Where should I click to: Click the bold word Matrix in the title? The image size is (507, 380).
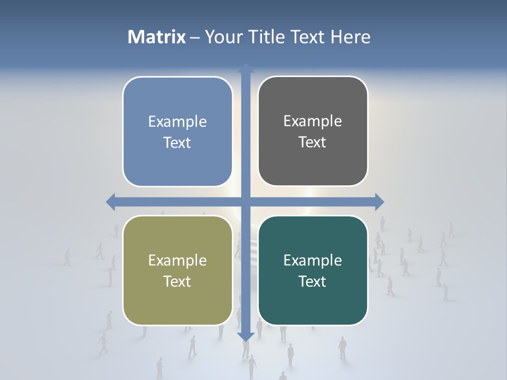[x=157, y=37]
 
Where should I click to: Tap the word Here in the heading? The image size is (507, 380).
[x=351, y=37]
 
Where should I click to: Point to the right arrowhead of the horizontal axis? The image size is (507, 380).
[x=379, y=202]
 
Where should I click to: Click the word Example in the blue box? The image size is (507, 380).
[x=177, y=121]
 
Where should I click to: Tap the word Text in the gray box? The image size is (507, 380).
[x=313, y=142]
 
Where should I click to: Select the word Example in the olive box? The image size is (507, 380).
[x=177, y=260]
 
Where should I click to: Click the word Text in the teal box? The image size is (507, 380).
[x=313, y=281]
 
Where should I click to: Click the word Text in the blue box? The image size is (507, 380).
[x=177, y=143]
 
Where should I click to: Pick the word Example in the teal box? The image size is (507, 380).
[x=313, y=260]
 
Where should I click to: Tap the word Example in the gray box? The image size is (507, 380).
[x=313, y=121]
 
